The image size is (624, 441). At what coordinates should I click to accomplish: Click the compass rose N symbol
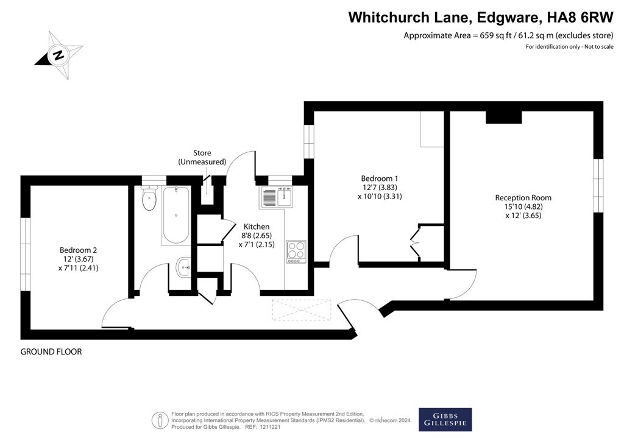tap(59, 55)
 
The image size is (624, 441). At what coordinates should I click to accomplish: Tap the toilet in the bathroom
tap(149, 197)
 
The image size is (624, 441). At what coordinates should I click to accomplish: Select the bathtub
tap(176, 215)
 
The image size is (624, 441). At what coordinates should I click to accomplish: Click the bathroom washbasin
tap(183, 267)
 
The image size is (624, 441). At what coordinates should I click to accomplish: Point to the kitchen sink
tap(277, 197)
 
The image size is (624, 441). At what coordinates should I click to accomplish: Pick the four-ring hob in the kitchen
tap(296, 252)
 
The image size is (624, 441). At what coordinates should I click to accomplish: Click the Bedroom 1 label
tap(379, 187)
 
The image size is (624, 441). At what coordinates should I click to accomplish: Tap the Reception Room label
tap(523, 206)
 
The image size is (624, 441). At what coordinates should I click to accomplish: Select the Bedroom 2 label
tap(78, 259)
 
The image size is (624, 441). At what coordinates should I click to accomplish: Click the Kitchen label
tap(257, 235)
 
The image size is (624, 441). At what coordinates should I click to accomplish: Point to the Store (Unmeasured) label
tap(202, 158)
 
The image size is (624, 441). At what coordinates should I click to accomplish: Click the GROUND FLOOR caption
tap(51, 352)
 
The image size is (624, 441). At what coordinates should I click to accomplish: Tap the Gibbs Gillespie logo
tap(445, 420)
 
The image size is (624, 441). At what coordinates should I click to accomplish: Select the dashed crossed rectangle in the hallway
tap(301, 310)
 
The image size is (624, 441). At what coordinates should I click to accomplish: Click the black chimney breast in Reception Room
tap(503, 117)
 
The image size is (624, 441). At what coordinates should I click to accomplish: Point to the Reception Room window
tap(598, 186)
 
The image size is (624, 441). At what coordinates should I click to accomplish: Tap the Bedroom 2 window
tap(26, 254)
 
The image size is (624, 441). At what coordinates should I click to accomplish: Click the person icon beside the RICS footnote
tap(160, 420)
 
